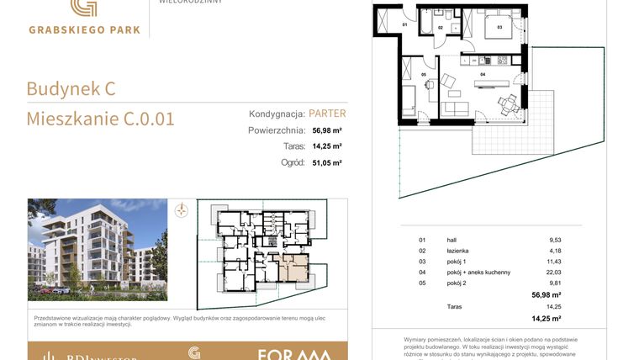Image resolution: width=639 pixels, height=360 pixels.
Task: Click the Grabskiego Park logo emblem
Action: pyautogui.click(x=82, y=8)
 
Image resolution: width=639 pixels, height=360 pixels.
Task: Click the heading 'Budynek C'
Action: pyautogui.click(x=71, y=88)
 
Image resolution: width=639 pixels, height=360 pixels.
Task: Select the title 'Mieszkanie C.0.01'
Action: pyautogui.click(x=100, y=119)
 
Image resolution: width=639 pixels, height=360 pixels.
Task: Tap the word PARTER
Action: pyautogui.click(x=327, y=113)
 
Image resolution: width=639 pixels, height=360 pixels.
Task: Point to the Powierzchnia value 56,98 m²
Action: pyautogui.click(x=327, y=130)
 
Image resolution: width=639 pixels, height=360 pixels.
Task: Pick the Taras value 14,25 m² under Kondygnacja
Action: pyautogui.click(x=327, y=146)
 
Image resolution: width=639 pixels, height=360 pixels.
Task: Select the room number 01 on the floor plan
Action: pyautogui.click(x=404, y=25)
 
